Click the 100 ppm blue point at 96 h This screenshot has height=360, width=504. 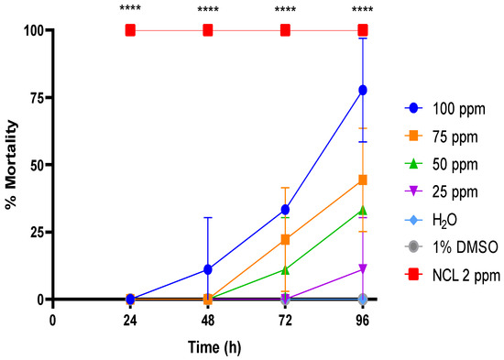pyautogui.click(x=363, y=90)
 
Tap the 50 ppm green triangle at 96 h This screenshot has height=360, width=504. pyautogui.click(x=363, y=210)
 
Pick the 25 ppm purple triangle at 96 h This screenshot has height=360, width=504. pyautogui.click(x=363, y=269)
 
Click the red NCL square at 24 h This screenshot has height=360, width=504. pyautogui.click(x=130, y=30)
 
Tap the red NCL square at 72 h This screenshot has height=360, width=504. pyautogui.click(x=286, y=30)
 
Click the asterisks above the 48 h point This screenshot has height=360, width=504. pyautogui.click(x=208, y=11)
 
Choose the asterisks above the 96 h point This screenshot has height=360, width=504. pyautogui.click(x=363, y=11)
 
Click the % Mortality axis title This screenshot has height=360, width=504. pyautogui.click(x=12, y=165)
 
